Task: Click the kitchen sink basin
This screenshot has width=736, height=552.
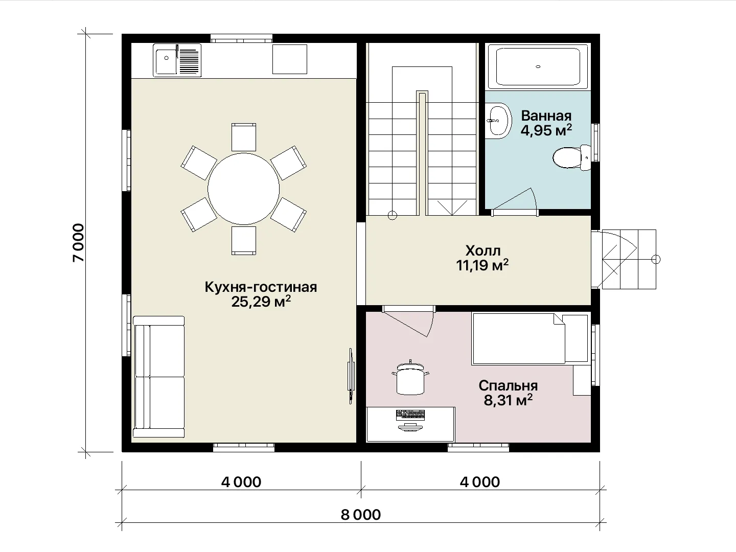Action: point(166,61)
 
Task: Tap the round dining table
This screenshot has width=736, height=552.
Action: point(243,189)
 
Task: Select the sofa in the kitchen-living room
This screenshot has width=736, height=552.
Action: point(158,377)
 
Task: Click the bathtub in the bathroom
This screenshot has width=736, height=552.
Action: point(538,66)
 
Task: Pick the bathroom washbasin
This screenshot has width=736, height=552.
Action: point(499,121)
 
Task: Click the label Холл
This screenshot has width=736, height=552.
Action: point(483,250)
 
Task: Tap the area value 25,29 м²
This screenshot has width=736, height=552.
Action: point(261,302)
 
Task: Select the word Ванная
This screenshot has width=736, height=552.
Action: point(546,116)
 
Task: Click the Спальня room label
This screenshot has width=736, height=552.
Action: point(508,386)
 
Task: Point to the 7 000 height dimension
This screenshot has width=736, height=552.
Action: point(79,243)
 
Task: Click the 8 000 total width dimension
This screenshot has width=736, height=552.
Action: point(361,515)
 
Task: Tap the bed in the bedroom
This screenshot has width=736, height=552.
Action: point(530,338)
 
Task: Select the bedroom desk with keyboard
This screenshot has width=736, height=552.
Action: point(410,424)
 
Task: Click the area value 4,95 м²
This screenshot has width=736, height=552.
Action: point(546,130)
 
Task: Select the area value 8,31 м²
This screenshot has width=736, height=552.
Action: point(508,400)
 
